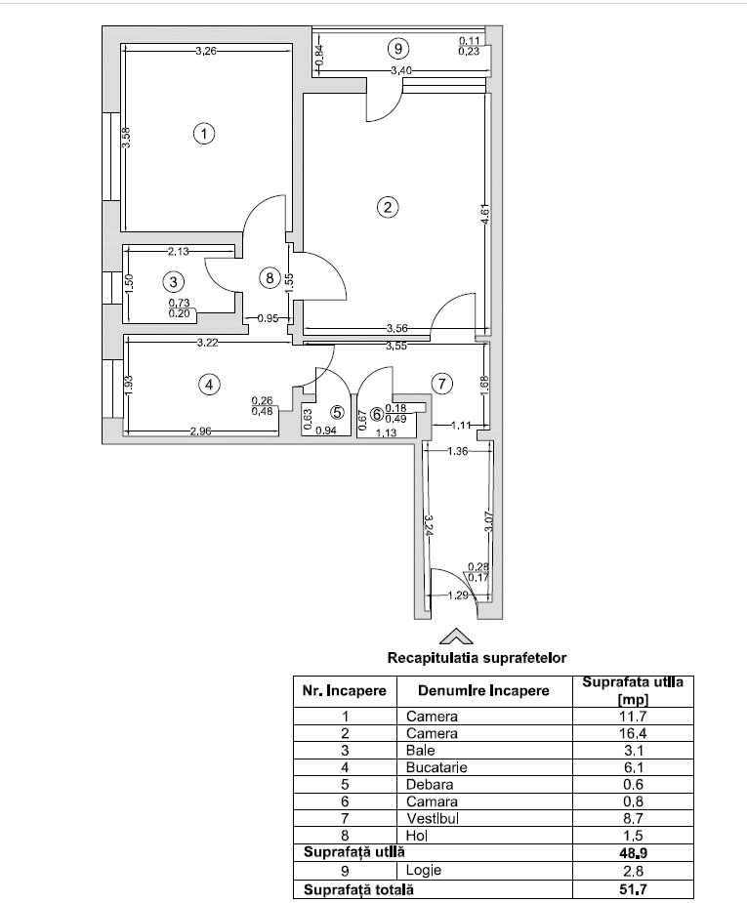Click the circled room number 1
(x=203, y=134)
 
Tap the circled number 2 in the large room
(x=388, y=207)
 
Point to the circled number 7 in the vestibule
(x=441, y=384)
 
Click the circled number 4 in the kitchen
(x=209, y=385)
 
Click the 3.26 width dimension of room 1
(x=205, y=51)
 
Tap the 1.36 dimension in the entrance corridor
(x=457, y=452)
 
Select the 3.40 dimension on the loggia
(x=400, y=71)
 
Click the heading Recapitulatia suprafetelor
(x=477, y=658)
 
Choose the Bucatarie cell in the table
(x=436, y=767)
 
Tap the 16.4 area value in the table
(x=634, y=732)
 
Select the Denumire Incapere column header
(x=483, y=690)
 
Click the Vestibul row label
(x=433, y=819)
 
